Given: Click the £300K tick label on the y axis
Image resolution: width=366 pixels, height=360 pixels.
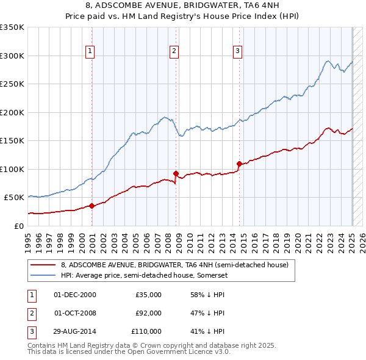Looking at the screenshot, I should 12,56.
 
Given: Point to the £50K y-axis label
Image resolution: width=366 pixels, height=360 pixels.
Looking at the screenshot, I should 14,198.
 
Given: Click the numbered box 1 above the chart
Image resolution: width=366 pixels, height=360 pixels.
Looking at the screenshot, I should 90,51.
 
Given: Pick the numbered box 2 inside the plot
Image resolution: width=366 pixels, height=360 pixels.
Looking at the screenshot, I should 174,51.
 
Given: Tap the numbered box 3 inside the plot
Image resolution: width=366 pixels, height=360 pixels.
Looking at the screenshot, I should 237,51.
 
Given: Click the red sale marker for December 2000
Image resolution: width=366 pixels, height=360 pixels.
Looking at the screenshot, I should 91,206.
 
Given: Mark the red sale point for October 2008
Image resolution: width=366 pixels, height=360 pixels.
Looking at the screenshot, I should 176,173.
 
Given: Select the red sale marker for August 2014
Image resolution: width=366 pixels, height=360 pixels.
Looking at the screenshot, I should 239,163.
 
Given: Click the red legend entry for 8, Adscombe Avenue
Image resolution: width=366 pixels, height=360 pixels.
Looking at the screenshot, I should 178,265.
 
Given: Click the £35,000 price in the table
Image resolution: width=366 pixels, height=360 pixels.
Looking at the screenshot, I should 148,295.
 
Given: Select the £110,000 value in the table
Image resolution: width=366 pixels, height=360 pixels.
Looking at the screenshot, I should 146,331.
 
